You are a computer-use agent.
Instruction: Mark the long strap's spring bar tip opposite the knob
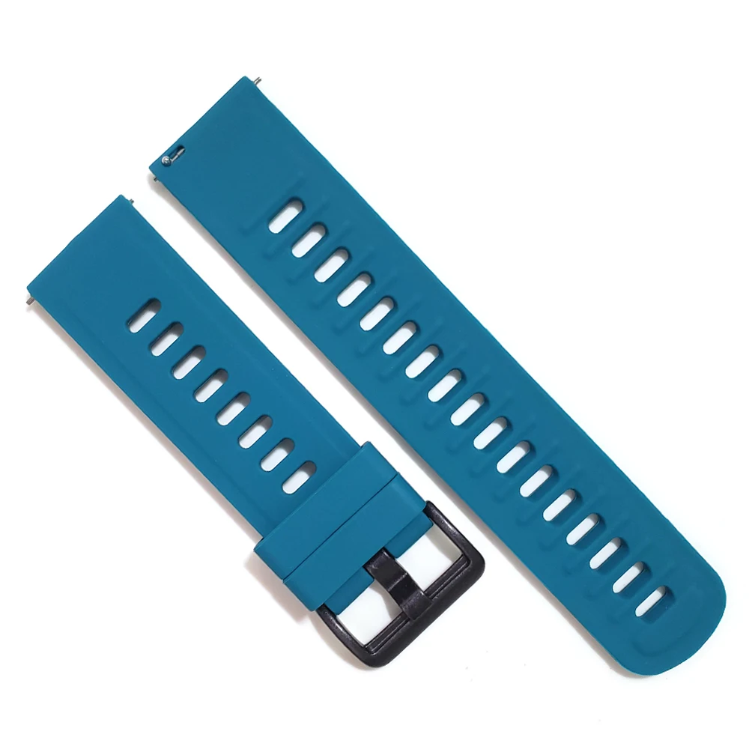[256, 79]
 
